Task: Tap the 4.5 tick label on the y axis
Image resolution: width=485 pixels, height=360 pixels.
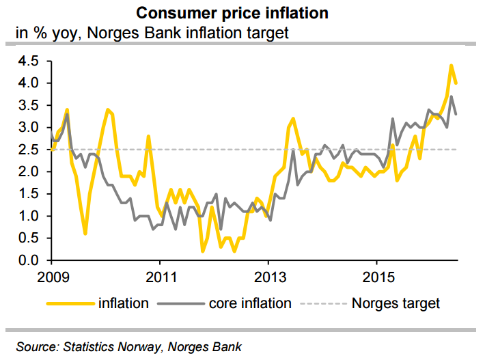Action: [32, 61]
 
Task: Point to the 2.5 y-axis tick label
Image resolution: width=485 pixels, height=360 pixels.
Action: [32, 150]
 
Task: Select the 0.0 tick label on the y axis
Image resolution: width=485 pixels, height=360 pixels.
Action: [32, 260]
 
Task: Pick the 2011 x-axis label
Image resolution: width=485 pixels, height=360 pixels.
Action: [159, 278]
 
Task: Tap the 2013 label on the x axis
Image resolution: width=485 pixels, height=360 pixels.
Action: [268, 278]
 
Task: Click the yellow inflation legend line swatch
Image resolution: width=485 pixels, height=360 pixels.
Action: [70, 303]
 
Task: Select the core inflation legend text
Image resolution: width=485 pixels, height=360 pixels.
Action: [250, 303]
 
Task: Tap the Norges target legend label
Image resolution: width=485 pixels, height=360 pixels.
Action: [396, 303]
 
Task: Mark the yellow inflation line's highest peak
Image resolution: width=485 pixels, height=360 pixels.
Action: [451, 66]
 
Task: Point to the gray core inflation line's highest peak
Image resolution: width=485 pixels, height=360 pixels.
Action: [451, 97]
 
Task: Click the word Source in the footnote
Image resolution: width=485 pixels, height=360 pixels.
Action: [36, 347]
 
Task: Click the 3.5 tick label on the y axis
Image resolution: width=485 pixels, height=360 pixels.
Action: [32, 105]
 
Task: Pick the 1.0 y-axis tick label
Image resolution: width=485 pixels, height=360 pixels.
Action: [32, 216]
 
